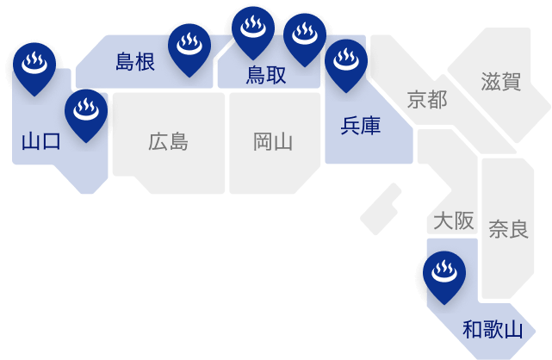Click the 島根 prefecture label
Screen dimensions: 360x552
(x=134, y=61)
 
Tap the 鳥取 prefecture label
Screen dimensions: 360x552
(x=266, y=75)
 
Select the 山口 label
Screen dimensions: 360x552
(x=40, y=141)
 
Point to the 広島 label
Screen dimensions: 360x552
(x=168, y=141)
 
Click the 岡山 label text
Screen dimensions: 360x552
(x=273, y=141)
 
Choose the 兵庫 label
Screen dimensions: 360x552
(x=361, y=126)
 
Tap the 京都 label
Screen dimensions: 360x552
(x=426, y=99)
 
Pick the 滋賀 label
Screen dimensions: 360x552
(x=500, y=82)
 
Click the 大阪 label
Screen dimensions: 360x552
(x=453, y=221)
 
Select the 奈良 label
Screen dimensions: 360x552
(x=508, y=229)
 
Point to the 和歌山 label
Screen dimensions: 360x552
(x=493, y=329)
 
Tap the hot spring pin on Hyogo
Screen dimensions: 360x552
(x=347, y=63)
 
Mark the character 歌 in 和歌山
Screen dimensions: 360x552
(x=493, y=329)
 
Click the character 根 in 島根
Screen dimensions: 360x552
(x=145, y=61)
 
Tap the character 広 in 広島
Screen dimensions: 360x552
(x=158, y=141)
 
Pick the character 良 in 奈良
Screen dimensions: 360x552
(x=518, y=229)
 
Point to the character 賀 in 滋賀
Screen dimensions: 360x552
(x=511, y=82)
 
